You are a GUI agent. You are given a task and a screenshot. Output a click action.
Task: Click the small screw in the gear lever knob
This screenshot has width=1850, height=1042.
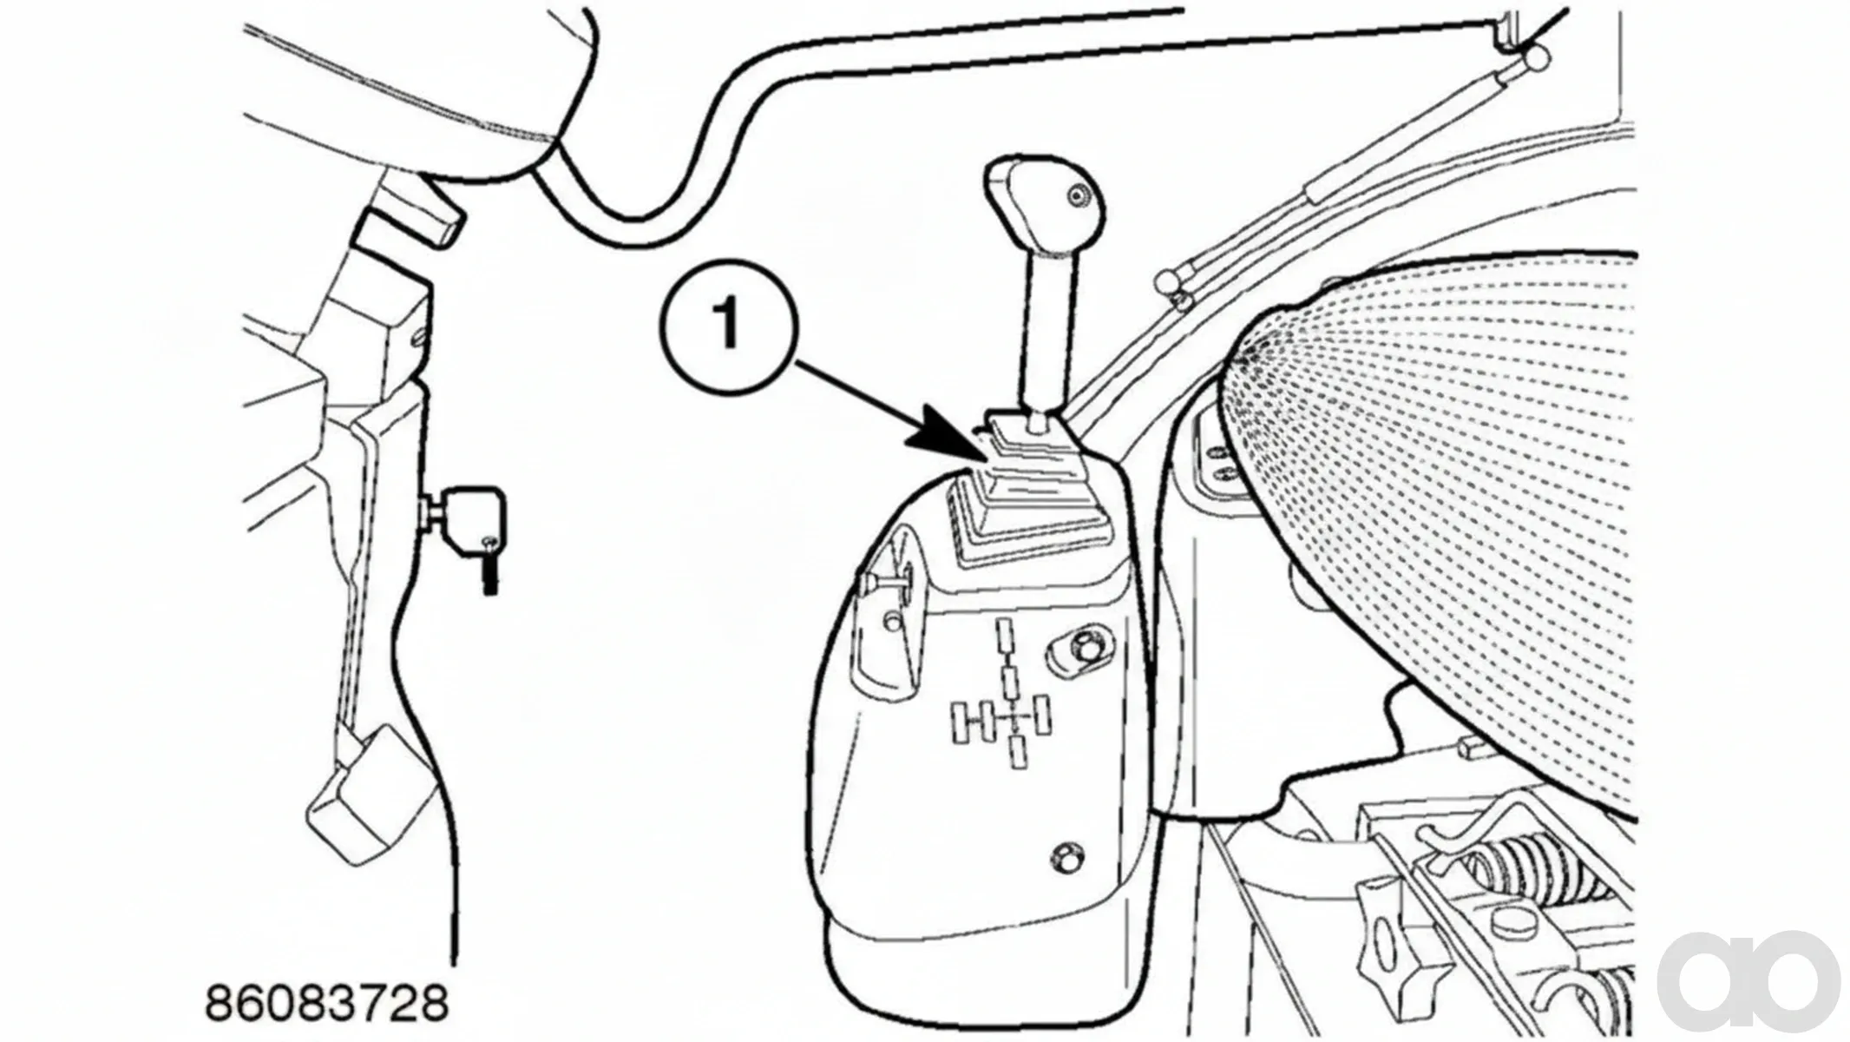pyautogui.click(x=1079, y=196)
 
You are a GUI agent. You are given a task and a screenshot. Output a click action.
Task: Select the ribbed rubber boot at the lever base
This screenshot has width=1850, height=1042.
pyautogui.click(x=1015, y=495)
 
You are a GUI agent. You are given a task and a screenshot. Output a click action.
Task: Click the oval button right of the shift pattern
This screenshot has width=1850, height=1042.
pyautogui.click(x=1079, y=650)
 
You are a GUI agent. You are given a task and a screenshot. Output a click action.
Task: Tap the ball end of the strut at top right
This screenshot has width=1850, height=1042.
pyautogui.click(x=1535, y=59)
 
